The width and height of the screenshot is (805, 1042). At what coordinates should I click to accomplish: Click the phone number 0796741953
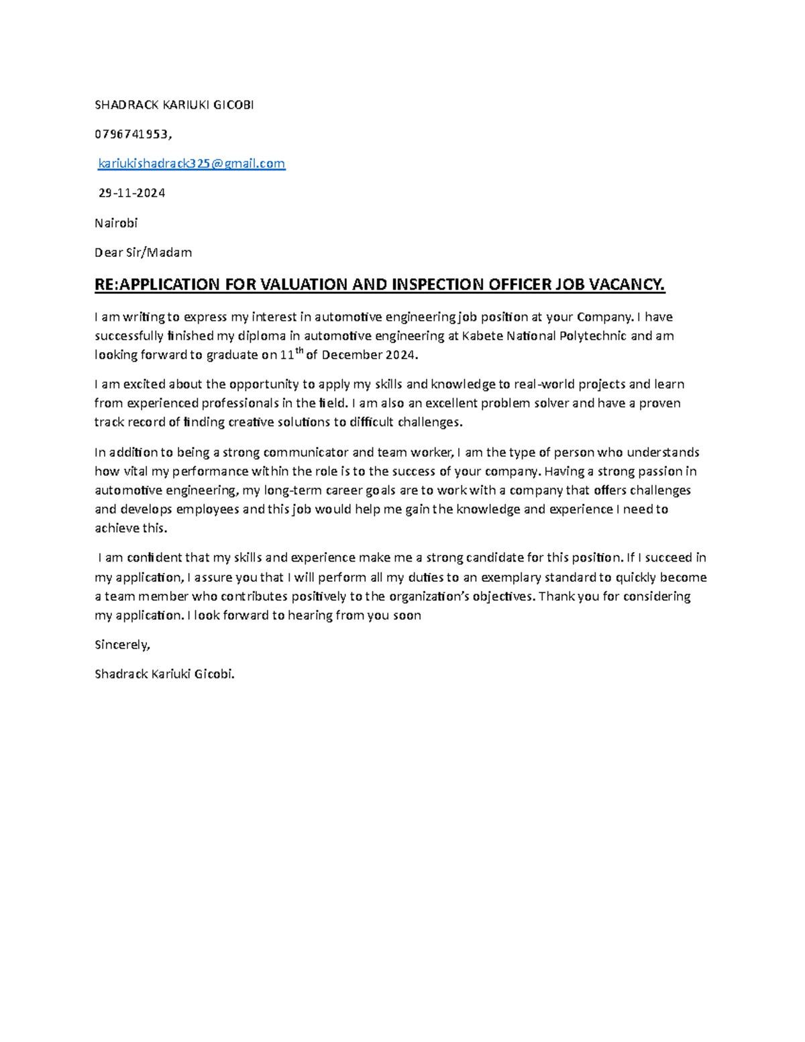pos(132,134)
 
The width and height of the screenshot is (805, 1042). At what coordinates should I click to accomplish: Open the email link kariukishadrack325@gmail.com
pos(192,163)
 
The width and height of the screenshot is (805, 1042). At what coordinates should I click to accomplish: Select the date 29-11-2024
pos(131,193)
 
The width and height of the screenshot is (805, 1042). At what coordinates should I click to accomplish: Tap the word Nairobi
pos(116,223)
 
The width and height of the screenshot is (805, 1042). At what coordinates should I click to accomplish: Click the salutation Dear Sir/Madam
pos(143,252)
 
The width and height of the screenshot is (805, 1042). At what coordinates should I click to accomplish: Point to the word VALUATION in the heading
pos(304,284)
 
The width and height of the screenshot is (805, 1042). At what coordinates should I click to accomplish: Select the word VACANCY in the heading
pos(625,284)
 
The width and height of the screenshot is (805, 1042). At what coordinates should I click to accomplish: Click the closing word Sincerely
pos(121,645)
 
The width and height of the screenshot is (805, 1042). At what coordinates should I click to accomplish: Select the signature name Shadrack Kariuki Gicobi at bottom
pos(165,674)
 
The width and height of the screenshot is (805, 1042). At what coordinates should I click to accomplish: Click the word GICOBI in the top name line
pos(233,105)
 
